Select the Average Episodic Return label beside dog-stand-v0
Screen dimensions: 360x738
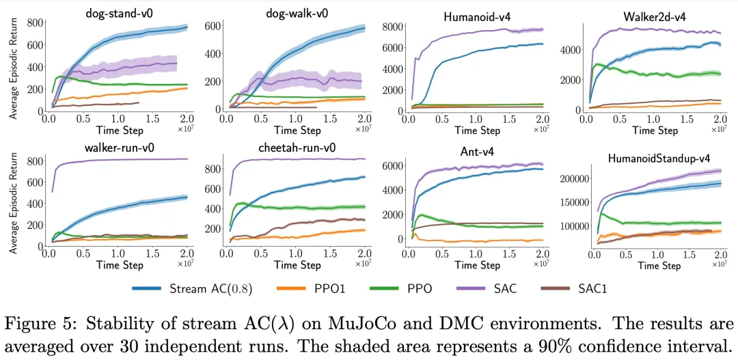coord(13,68)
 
